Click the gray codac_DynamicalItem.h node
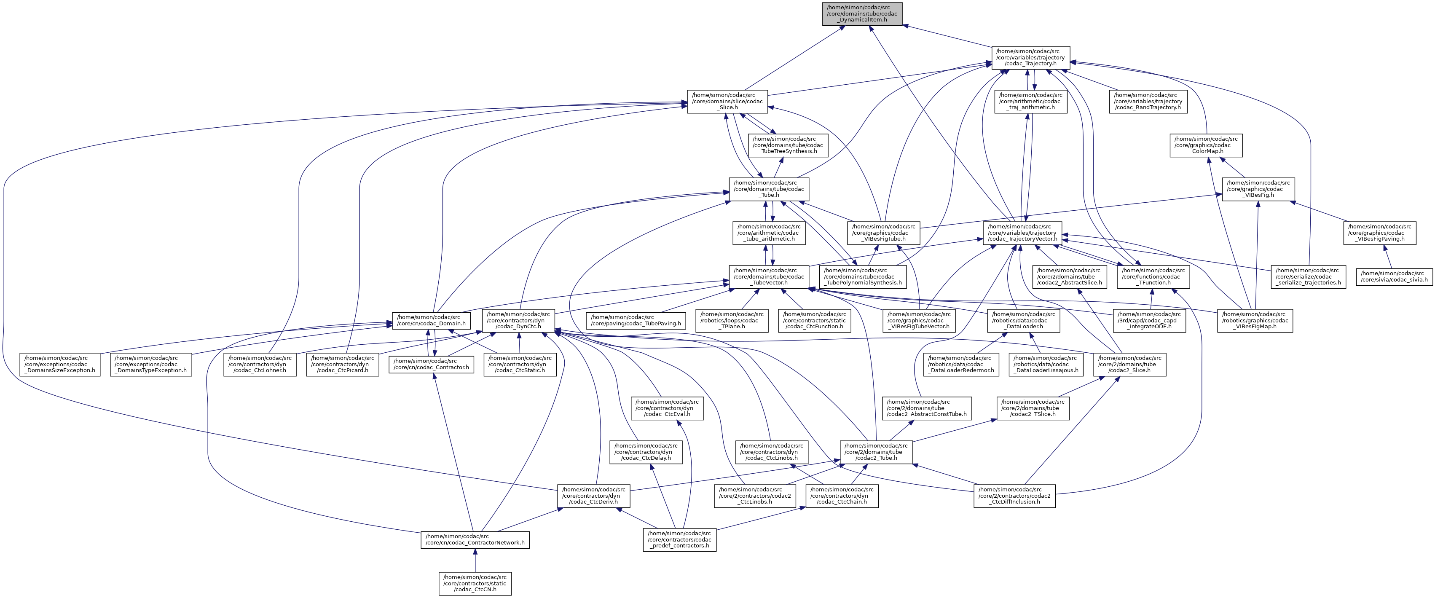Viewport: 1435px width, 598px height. click(x=862, y=14)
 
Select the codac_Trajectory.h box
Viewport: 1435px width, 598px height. click(x=1030, y=58)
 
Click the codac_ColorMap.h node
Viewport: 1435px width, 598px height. click(x=1206, y=145)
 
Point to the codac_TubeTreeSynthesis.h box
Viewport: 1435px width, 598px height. click(x=788, y=145)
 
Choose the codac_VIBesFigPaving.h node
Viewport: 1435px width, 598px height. click(x=1381, y=233)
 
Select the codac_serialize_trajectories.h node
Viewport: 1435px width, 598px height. click(x=1309, y=277)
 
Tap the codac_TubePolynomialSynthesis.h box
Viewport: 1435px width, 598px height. click(x=863, y=277)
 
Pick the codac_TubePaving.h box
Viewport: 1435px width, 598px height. click(x=635, y=321)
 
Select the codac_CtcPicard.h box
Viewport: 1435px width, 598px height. click(x=343, y=364)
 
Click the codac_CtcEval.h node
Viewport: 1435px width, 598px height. click(x=667, y=408)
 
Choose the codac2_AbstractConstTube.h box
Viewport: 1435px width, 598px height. click(x=927, y=408)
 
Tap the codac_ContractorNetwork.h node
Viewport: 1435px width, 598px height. click(x=475, y=539)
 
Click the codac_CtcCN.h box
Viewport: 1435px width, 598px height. click(x=475, y=584)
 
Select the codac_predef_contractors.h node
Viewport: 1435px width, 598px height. click(x=680, y=539)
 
